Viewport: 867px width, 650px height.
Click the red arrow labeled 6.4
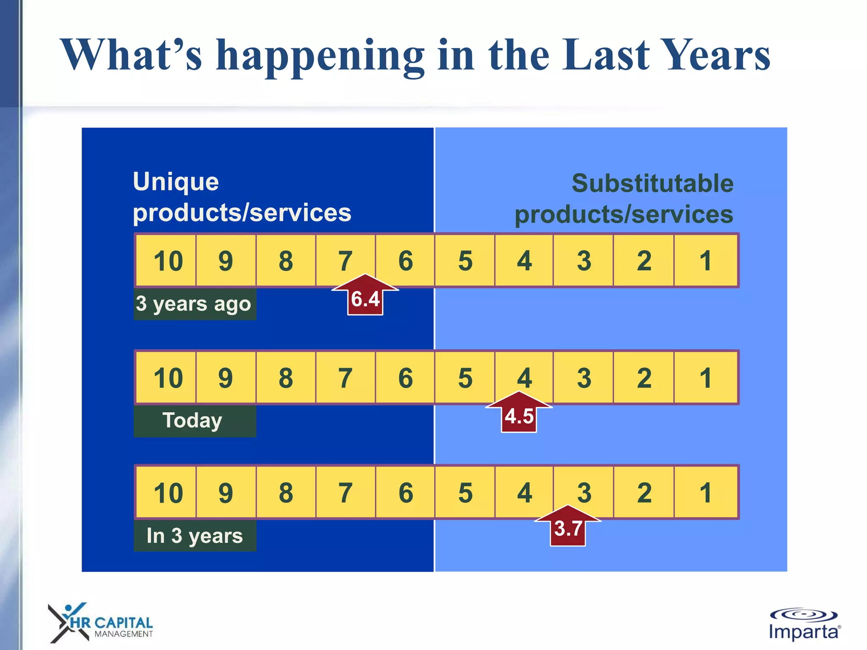365,296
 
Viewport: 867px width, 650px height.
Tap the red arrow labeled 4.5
519,413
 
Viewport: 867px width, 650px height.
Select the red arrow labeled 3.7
568,527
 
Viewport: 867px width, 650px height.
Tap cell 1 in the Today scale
705,377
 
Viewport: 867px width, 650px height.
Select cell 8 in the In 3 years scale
286,493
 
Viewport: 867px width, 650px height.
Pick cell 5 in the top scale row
465,261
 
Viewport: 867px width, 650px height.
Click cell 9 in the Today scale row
226,377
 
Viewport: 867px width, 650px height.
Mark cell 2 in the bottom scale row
643,493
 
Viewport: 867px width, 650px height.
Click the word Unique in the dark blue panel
176,182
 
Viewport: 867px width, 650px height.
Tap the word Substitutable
652,183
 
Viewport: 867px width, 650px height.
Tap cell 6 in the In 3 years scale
406,493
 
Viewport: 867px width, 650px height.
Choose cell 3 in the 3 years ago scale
584,261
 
